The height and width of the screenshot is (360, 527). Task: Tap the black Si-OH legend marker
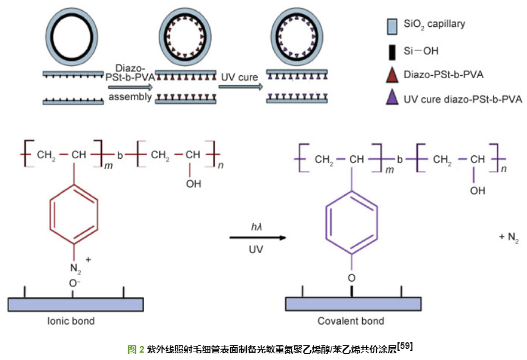(x=392, y=51)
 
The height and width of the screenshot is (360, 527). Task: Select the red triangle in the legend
(x=392, y=75)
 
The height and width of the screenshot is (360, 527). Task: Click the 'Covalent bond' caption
(x=351, y=321)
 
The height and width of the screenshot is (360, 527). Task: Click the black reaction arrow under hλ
(x=257, y=238)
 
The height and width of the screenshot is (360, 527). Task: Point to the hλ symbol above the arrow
(x=256, y=227)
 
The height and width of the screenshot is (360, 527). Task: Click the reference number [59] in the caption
(x=405, y=347)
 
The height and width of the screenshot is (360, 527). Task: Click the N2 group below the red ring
(x=75, y=268)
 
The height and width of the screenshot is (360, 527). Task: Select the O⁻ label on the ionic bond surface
(x=75, y=284)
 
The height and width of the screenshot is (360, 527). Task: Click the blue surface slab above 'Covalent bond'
(x=354, y=304)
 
